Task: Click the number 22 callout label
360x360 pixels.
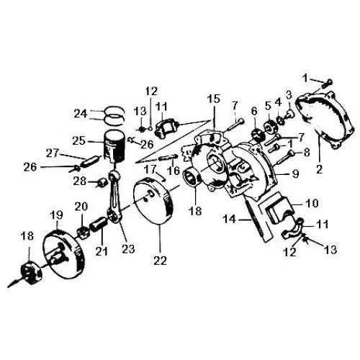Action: click(160, 261)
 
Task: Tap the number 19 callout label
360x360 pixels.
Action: click(56, 215)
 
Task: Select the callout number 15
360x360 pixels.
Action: click(214, 99)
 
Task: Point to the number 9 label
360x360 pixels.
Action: click(295, 174)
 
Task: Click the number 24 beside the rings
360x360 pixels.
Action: click(81, 113)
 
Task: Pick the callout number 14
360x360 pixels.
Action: click(229, 219)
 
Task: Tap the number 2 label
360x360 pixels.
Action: click(319, 169)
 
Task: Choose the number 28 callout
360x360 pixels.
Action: click(80, 181)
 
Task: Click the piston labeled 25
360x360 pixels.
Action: click(114, 147)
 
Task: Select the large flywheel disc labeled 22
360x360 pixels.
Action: click(153, 204)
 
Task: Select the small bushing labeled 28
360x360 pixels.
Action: click(101, 183)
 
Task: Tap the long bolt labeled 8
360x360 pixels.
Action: click(285, 158)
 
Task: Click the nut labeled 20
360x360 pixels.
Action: click(83, 233)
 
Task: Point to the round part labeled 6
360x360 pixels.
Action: click(258, 135)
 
